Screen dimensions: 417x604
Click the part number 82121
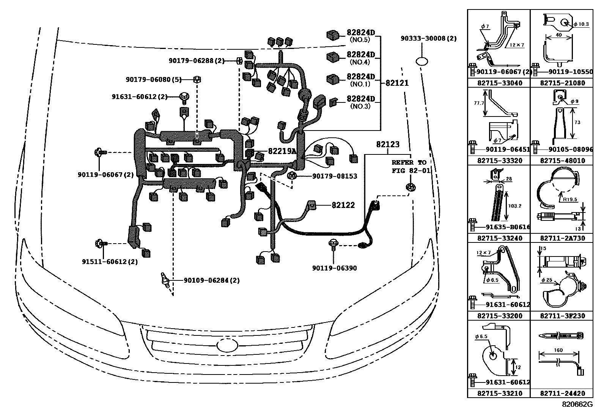tap(397, 83)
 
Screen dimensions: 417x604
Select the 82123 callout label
tap(388, 145)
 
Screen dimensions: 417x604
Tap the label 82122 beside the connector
tap(343, 205)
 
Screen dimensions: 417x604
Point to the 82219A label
tap(282, 151)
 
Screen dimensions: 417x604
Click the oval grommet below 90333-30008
tap(422, 61)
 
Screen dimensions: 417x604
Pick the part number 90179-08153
tap(334, 176)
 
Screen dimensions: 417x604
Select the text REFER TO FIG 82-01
tap(411, 167)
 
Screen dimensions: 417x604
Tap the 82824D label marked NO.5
tap(360, 33)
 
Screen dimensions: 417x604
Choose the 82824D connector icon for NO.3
tap(333, 102)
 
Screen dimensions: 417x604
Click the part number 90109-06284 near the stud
tap(212, 280)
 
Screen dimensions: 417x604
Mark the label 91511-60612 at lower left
tap(110, 262)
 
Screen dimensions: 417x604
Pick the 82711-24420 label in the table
tap(562, 393)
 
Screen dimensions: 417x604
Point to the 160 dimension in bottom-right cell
tap(558, 350)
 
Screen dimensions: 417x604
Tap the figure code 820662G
tap(577, 404)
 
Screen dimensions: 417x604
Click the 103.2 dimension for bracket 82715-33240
tap(514, 206)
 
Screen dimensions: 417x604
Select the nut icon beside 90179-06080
tap(197, 79)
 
